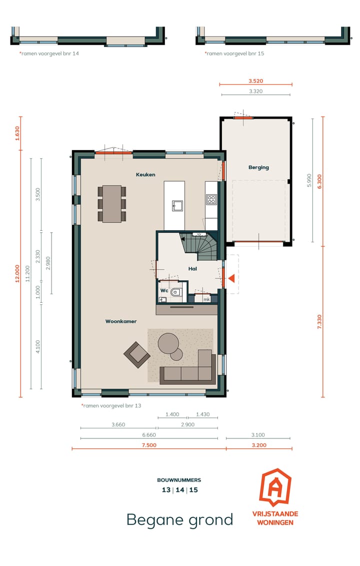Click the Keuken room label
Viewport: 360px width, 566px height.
[x=145, y=175]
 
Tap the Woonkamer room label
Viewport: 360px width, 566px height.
[x=121, y=321]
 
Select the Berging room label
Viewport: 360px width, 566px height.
[x=258, y=168]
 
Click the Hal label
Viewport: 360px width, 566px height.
[x=192, y=269]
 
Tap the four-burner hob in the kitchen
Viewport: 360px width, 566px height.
[x=211, y=200]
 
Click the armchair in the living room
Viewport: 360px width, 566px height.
[x=136, y=355]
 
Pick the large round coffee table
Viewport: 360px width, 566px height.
[x=168, y=343]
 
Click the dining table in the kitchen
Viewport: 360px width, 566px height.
[x=112, y=204]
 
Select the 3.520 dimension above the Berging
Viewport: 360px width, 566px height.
[x=255, y=80]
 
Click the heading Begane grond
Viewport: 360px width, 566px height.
[x=179, y=519]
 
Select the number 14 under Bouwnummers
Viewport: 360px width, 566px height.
[x=179, y=490]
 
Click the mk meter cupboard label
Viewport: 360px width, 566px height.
[x=206, y=299]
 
